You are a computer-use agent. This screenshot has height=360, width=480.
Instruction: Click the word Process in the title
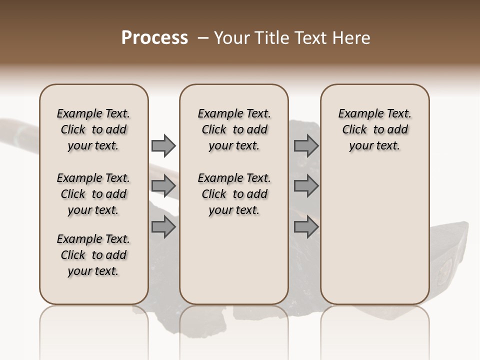[x=154, y=38]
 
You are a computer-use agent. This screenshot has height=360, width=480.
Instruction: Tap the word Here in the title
[x=351, y=38]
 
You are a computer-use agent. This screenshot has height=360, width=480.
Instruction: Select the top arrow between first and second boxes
[x=163, y=146]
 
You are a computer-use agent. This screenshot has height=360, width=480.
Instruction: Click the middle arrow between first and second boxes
[x=163, y=186]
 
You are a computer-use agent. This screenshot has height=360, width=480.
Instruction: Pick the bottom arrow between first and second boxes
[x=163, y=227]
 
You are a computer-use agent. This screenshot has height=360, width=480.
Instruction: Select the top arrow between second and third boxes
[x=306, y=146]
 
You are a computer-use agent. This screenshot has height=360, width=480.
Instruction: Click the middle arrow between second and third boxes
[x=306, y=186]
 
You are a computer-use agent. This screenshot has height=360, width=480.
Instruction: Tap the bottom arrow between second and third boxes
[x=306, y=227]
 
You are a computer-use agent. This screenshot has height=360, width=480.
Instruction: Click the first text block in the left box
[x=93, y=129]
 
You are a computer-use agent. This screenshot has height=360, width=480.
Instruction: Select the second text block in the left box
[x=93, y=194]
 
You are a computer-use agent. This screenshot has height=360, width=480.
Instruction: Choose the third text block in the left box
[x=93, y=255]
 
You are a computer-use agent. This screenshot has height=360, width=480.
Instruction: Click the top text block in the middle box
[x=234, y=129]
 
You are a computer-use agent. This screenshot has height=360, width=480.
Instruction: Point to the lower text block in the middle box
[x=234, y=194]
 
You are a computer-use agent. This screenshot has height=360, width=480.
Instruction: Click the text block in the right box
[x=375, y=129]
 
